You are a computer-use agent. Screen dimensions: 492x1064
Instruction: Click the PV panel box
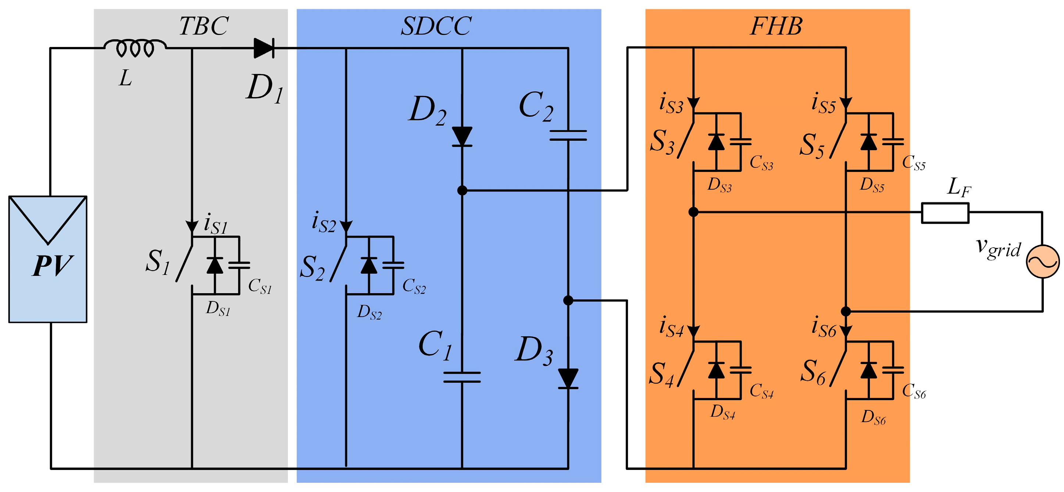47,259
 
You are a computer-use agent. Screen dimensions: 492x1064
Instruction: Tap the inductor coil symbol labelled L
135,48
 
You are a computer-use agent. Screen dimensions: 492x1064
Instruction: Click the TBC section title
204,26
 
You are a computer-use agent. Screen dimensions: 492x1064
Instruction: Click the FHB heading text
776,26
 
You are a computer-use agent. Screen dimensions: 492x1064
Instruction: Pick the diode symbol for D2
462,137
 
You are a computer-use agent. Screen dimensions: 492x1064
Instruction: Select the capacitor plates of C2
568,135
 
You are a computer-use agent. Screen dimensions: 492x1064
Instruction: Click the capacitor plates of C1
462,377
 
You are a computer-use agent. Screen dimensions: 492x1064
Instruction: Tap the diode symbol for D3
568,378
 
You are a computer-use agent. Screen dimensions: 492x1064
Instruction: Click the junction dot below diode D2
462,190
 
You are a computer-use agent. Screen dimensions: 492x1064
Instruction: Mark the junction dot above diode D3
568,300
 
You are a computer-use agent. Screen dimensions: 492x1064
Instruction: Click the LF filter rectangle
945,213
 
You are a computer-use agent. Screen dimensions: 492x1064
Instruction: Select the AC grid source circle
1043,262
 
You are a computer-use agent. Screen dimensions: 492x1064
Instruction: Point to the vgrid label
998,248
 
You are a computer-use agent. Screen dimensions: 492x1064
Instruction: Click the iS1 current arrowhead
192,227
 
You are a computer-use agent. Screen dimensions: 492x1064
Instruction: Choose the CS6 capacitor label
914,391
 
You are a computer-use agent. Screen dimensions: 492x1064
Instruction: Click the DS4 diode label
722,412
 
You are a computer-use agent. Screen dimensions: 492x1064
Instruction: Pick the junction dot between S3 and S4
693,212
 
